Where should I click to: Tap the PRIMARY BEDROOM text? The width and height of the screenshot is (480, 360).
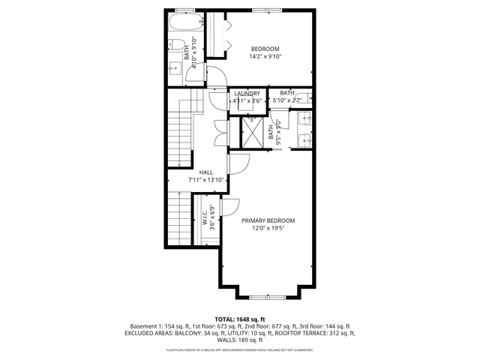268,220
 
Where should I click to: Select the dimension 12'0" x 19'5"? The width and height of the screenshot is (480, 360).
268,229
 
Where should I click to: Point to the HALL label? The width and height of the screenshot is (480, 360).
205,172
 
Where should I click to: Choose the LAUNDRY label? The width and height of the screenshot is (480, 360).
247,93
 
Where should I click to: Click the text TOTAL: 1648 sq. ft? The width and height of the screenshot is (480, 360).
240,319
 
